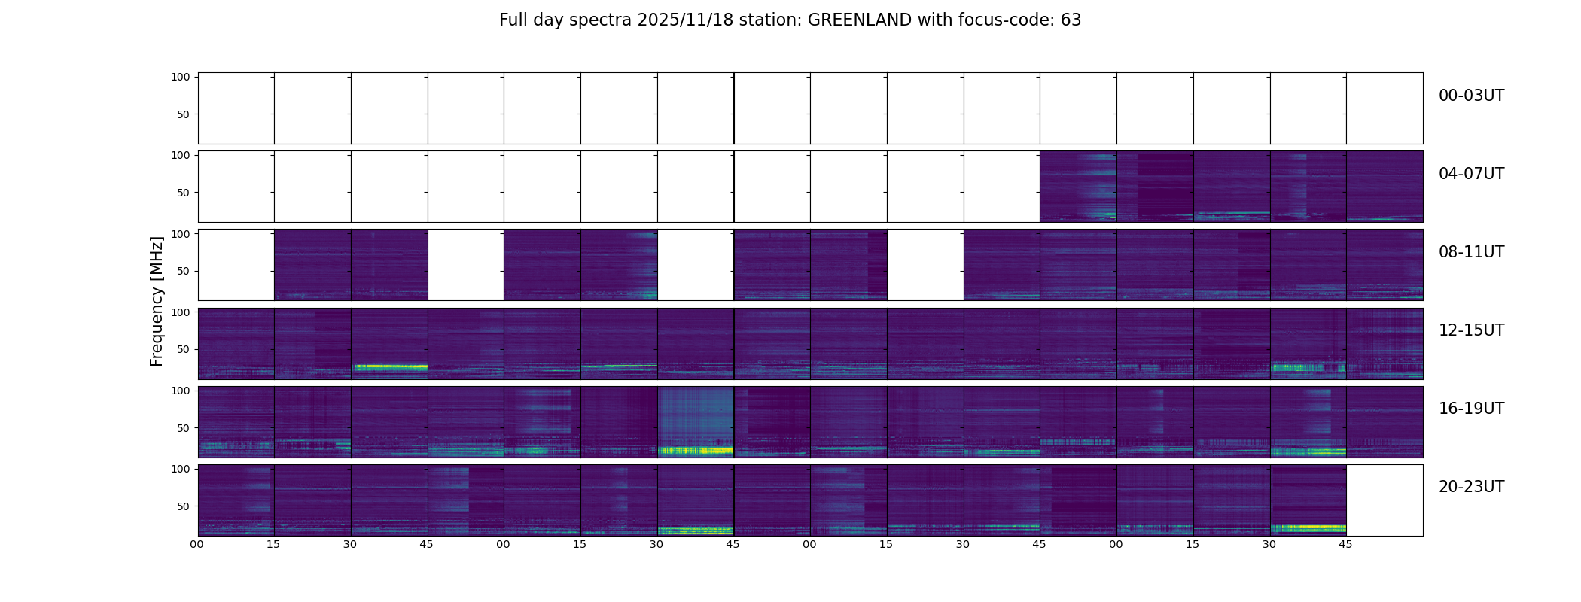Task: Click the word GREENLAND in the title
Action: (x=859, y=20)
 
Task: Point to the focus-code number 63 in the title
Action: (x=1071, y=20)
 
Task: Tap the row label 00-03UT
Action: (x=1471, y=96)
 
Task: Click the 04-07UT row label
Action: (x=1471, y=174)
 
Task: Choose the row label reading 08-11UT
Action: (x=1471, y=252)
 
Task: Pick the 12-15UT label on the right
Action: (x=1471, y=330)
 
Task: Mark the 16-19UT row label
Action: (x=1471, y=409)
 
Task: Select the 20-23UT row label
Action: (x=1471, y=487)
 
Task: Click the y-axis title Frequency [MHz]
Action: (x=157, y=301)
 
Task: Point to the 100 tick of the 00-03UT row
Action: (x=181, y=77)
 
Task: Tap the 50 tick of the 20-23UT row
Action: (x=184, y=506)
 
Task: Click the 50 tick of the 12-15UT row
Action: (x=184, y=349)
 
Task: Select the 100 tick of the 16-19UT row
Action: (x=181, y=391)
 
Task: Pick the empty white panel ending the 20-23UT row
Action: (x=1385, y=500)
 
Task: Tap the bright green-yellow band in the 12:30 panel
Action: (x=389, y=367)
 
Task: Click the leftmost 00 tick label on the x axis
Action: (x=197, y=544)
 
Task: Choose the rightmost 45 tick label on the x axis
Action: (x=1345, y=544)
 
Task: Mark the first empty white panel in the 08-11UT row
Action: (x=236, y=265)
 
